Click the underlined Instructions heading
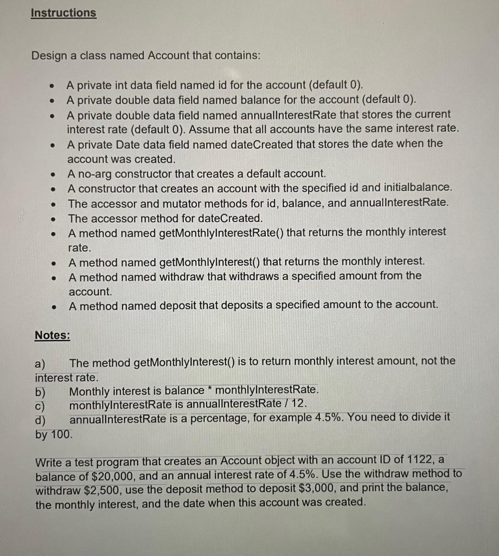63,12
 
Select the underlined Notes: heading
53,336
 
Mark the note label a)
41,362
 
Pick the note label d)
41,419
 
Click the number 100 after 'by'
60,434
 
